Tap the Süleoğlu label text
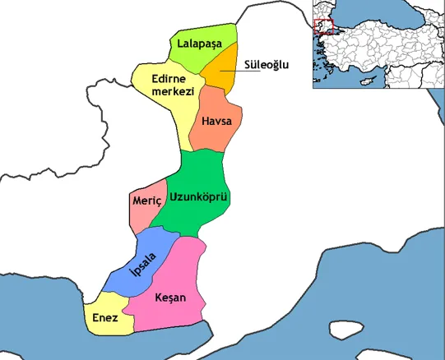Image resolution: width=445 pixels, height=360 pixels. pos(267,65)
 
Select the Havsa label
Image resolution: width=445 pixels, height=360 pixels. pos(216,122)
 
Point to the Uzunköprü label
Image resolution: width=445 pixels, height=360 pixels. pos(198,197)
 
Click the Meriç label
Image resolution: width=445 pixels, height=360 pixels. pos(145,201)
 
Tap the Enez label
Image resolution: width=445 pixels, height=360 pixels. pos(104,317)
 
